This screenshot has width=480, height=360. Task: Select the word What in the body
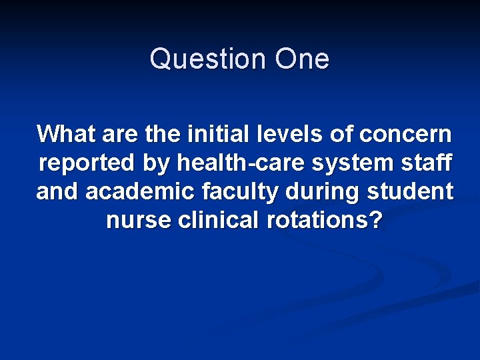[x=65, y=134]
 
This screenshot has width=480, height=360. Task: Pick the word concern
[x=405, y=134]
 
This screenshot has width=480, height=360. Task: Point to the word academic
[x=139, y=191]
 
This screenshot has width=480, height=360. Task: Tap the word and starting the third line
[x=57, y=191]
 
